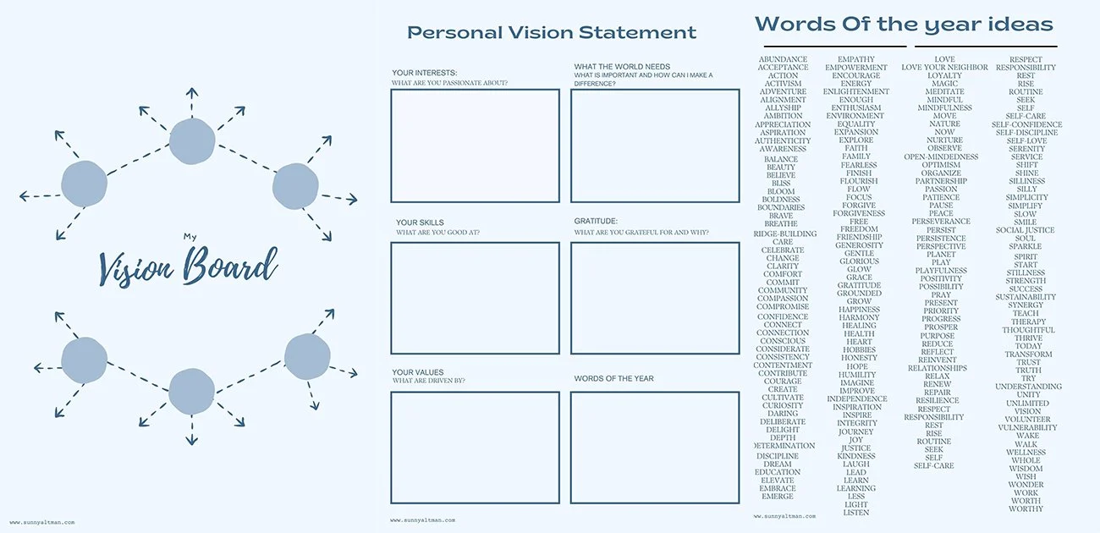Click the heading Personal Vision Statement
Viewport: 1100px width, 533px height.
(552, 33)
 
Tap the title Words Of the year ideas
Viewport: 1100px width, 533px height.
(904, 24)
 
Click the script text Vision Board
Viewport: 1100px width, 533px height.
(188, 266)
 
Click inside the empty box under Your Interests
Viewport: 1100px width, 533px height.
(475, 146)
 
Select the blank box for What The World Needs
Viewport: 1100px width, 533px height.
(655, 146)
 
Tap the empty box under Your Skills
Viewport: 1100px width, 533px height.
(475, 298)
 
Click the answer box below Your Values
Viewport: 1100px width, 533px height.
(475, 448)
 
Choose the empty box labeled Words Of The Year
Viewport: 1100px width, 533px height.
(655, 448)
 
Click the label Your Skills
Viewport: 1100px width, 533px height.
(420, 223)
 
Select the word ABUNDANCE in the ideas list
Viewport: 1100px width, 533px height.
(783, 60)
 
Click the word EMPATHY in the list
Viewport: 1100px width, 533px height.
(856, 60)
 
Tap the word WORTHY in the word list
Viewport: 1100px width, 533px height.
(1026, 509)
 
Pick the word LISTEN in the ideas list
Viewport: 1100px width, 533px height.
(856, 513)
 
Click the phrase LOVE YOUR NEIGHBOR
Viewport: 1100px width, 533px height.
(944, 68)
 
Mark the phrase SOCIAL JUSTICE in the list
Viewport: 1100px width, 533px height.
(1025, 230)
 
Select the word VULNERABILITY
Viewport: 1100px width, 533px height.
(1026, 428)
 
